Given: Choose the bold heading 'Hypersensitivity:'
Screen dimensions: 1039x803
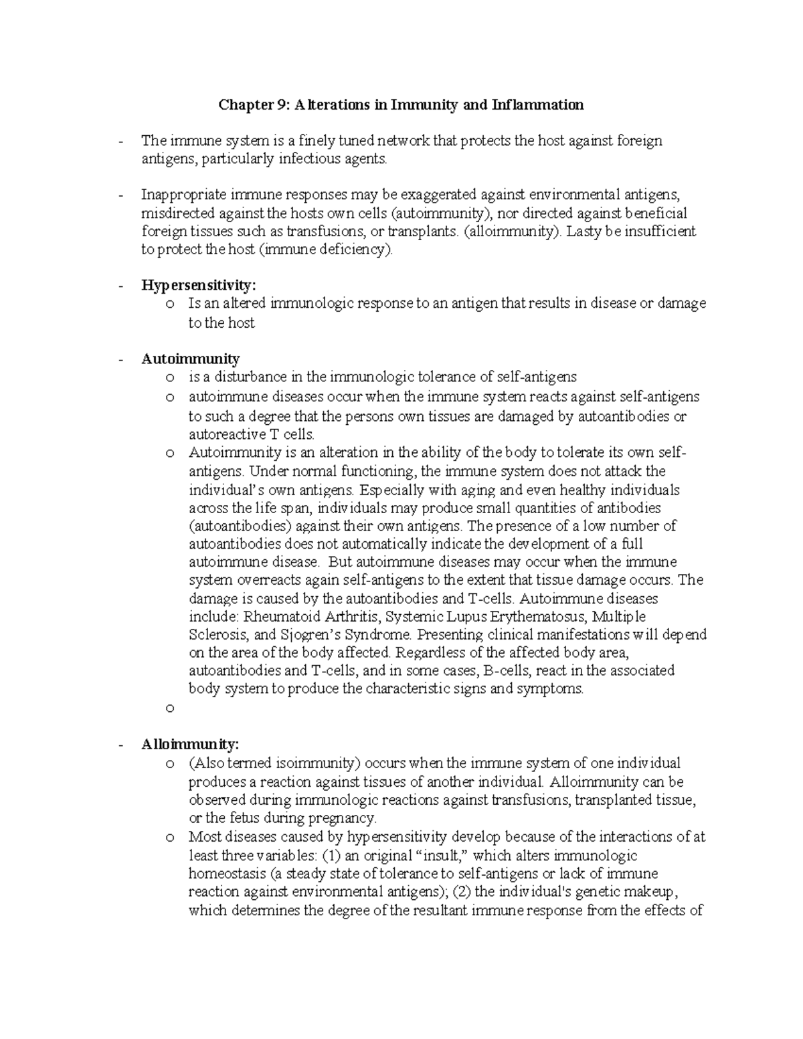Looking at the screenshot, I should pyautogui.click(x=199, y=286).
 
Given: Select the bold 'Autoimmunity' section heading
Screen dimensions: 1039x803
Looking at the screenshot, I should pyautogui.click(x=190, y=359).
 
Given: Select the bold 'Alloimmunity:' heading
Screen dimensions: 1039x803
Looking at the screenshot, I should pyautogui.click(x=190, y=744).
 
